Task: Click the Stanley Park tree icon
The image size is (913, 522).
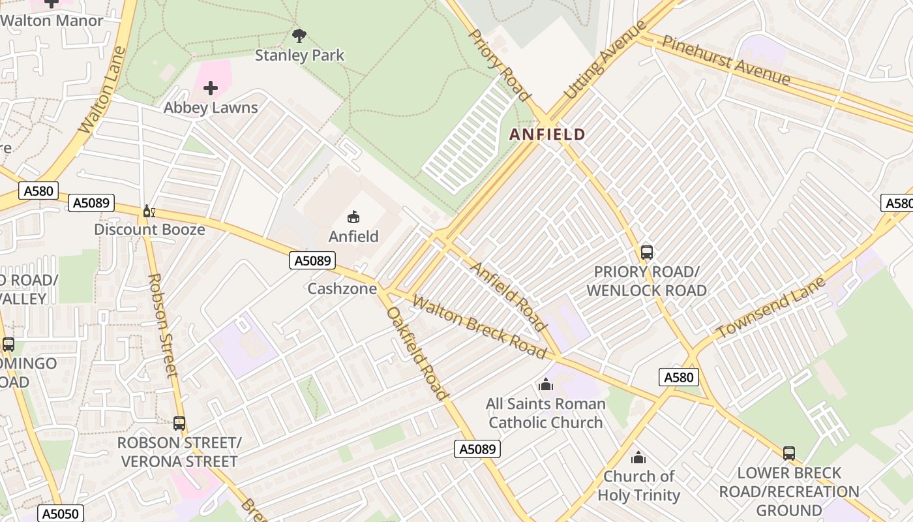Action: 299,36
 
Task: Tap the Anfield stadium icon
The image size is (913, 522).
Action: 353,217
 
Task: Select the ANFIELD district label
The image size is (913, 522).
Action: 546,134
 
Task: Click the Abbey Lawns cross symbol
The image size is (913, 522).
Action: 211,88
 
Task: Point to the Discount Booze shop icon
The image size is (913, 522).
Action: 149,211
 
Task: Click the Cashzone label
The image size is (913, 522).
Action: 342,288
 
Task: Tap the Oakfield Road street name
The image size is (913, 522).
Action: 417,353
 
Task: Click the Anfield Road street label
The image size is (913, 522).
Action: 509,297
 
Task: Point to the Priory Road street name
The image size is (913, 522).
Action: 500,65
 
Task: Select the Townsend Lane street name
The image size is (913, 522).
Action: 771,308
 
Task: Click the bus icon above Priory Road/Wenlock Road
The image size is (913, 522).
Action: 646,252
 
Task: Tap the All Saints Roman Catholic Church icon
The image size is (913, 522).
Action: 546,384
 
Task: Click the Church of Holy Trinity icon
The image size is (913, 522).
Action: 638,457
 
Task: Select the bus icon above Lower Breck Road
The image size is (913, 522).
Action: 789,453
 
